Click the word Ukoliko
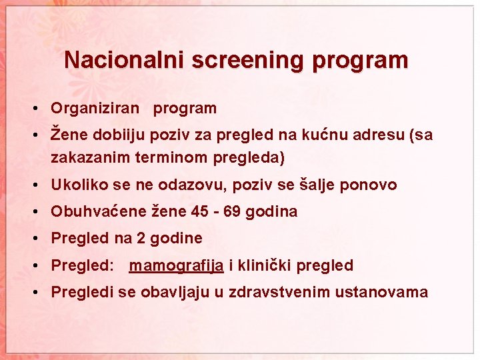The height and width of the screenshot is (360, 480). (x=77, y=185)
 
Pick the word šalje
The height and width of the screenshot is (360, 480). (x=317, y=185)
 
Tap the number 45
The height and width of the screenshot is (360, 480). (x=199, y=212)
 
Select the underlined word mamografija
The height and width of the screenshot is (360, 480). (x=177, y=266)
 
